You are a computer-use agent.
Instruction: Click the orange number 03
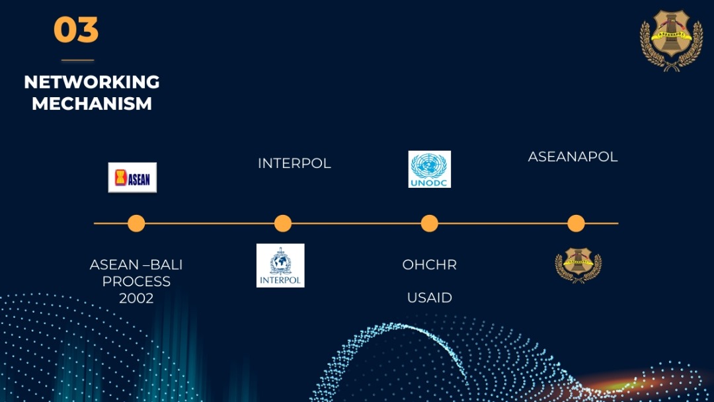point(76,30)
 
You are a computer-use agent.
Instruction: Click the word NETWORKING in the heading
point(92,83)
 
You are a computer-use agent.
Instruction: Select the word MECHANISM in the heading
point(92,104)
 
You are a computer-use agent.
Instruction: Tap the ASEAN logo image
point(132,178)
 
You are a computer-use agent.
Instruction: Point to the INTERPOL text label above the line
point(294,163)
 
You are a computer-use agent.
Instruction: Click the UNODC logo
point(430,169)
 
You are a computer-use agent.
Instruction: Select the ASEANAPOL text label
point(573,157)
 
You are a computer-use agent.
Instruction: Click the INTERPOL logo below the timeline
point(280,265)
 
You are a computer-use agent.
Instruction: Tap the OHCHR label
point(430,264)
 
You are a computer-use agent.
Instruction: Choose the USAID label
point(430,298)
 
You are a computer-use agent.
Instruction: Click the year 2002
point(136,298)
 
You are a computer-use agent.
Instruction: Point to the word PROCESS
point(136,282)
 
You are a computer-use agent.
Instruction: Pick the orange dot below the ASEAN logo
point(136,223)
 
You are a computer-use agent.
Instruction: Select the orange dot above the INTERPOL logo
point(283,223)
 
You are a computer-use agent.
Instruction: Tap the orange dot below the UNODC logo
point(430,223)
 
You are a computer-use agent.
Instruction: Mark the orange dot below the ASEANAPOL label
point(576,223)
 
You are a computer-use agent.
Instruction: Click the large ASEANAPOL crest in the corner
point(671,40)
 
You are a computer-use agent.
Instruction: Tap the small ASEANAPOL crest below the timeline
point(578,265)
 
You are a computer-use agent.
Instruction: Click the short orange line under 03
point(77,60)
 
